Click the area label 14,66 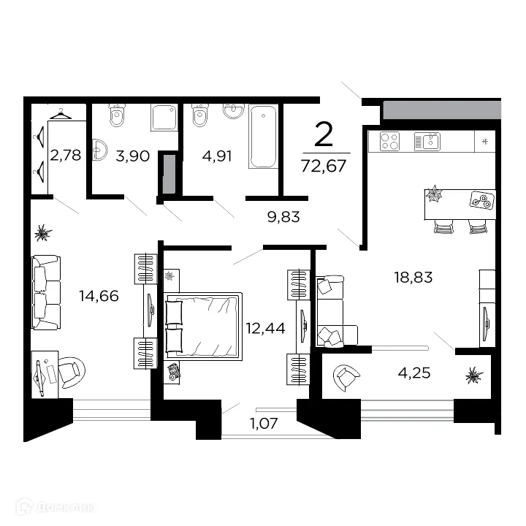pyautogui.click(x=99, y=296)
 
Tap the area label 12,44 pyautogui.click(x=266, y=329)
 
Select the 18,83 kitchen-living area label pyautogui.click(x=413, y=278)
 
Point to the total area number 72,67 pyautogui.click(x=324, y=166)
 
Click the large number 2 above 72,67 pyautogui.click(x=324, y=134)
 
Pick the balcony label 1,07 pyautogui.click(x=264, y=424)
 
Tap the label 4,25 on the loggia pyautogui.click(x=414, y=373)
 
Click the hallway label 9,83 pyautogui.click(x=283, y=217)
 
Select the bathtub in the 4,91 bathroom pyautogui.click(x=263, y=137)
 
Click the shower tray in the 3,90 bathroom pyautogui.click(x=164, y=118)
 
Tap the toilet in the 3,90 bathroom pyautogui.click(x=117, y=115)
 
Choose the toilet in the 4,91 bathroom pyautogui.click(x=200, y=115)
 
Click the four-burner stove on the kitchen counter pyautogui.click(x=389, y=141)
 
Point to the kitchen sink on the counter pyautogui.click(x=427, y=142)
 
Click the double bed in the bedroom pyautogui.click(x=203, y=327)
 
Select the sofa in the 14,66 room pyautogui.click(x=46, y=292)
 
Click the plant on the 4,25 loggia pyautogui.click(x=474, y=376)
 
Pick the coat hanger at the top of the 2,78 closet pyautogui.click(x=61, y=114)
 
